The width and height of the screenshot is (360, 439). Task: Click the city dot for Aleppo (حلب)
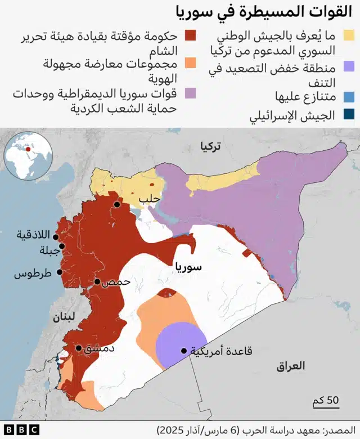(116, 205)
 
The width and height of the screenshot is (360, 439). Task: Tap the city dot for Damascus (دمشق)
(79, 348)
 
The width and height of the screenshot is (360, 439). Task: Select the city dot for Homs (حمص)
(97, 281)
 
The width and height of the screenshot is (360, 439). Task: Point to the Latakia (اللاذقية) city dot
(56, 237)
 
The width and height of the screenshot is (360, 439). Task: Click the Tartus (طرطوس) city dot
(56, 274)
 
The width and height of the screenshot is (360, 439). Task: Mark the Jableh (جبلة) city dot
(61, 246)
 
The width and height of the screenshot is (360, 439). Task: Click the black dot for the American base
(183, 351)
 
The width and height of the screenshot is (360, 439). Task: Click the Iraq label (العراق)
(291, 366)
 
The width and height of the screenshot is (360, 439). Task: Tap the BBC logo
(20, 429)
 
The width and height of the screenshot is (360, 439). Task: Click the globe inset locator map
(27, 154)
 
